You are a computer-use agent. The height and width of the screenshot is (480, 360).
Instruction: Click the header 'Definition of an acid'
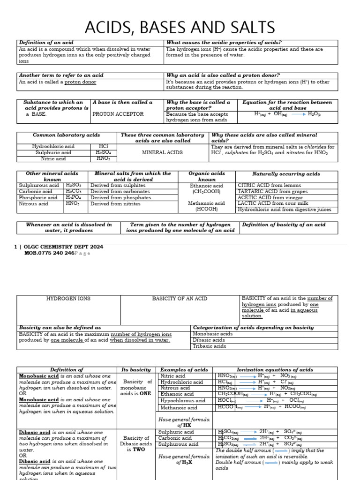coord(46,43)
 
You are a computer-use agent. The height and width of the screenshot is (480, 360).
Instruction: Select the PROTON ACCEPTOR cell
coord(112,114)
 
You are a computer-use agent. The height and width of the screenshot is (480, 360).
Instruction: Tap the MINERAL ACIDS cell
coord(162,152)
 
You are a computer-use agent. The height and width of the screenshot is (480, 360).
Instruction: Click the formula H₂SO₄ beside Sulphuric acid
coord(103,152)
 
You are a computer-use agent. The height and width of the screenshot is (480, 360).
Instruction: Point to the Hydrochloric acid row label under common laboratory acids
coord(52,146)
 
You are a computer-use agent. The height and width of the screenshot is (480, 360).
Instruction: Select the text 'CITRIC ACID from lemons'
coord(270,186)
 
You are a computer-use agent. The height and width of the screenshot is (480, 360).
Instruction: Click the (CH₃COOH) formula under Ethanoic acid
coord(207,192)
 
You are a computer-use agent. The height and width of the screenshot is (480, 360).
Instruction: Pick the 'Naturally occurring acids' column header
coord(286,174)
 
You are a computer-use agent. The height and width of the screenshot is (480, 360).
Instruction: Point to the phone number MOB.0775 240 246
coord(49,253)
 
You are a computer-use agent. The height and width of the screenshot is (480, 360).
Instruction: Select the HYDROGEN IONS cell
coord(68,299)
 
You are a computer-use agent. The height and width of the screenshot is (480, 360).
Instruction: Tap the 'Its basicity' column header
coord(136,370)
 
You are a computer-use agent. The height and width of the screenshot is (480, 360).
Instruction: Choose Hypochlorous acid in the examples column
coord(183,401)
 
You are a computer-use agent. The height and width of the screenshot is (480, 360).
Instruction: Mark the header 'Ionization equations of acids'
coord(275,370)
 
